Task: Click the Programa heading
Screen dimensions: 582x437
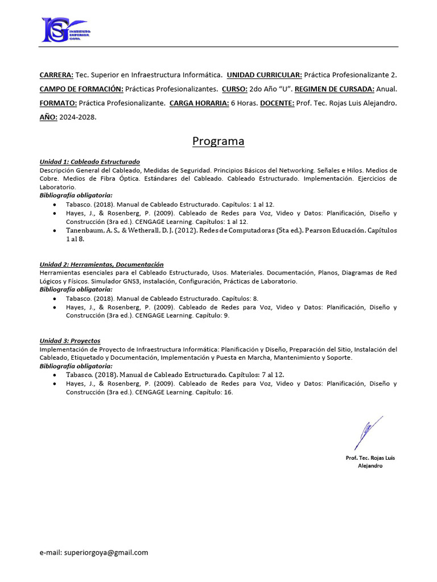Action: point(218,141)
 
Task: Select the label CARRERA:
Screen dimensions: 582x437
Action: point(56,75)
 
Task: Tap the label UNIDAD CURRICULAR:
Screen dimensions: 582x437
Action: point(264,75)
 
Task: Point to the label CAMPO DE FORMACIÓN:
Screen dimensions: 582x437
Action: point(81,89)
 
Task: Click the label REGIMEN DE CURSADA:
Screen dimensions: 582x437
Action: point(335,89)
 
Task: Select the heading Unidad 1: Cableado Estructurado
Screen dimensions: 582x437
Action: point(89,162)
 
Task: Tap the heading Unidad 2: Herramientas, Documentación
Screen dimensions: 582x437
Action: point(101,264)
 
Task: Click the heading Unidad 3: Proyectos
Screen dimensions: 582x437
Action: point(70,341)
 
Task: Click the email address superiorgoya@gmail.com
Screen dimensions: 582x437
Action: point(106,552)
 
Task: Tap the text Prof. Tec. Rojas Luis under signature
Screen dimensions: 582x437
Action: point(370,458)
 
